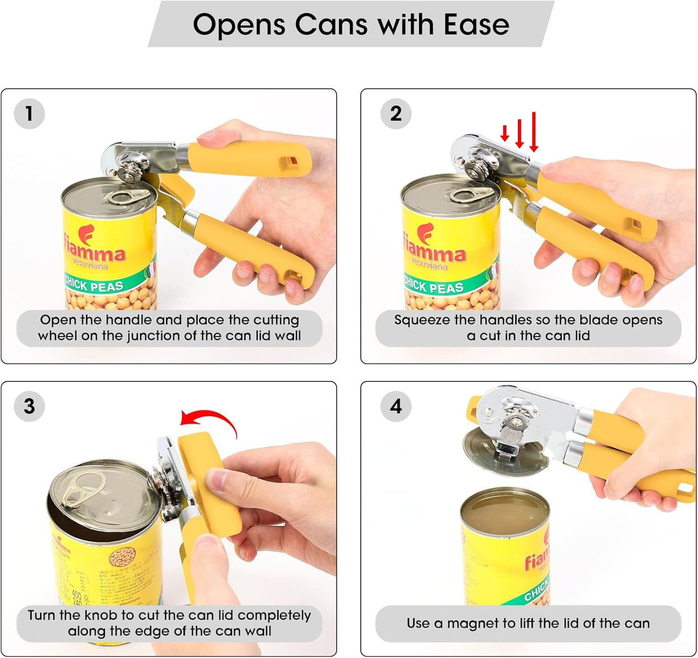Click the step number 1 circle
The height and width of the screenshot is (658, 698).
[29, 114]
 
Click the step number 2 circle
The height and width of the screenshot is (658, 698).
[396, 114]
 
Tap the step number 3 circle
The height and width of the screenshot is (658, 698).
[29, 406]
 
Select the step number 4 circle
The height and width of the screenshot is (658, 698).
[396, 406]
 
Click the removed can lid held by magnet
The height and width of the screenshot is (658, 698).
[502, 451]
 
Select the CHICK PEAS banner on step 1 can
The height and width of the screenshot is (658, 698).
[94, 285]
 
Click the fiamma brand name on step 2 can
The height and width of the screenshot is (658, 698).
[435, 252]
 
